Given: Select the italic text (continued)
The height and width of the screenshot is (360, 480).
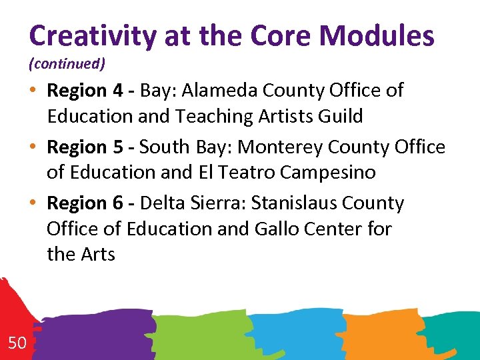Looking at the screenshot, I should point(67,65).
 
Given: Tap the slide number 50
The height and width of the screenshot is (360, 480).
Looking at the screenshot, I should point(17,343).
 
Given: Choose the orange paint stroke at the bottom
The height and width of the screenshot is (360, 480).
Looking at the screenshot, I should point(373,333).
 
